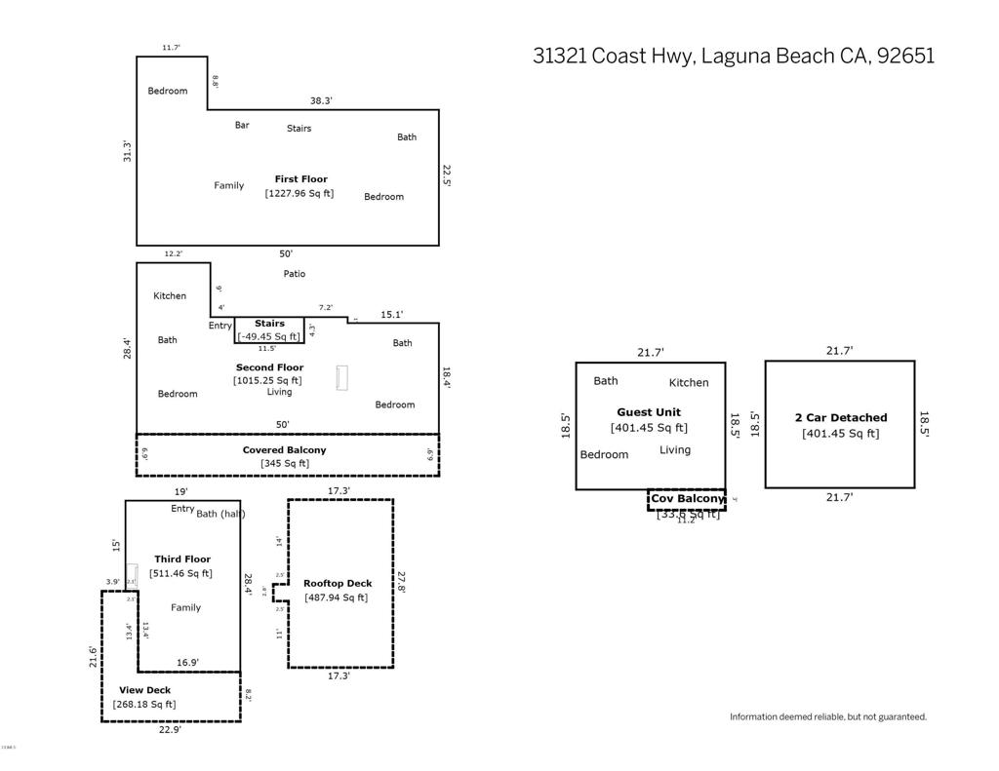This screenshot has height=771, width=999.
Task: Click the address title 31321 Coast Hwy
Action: [733, 56]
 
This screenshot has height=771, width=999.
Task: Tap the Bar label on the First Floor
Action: [242, 125]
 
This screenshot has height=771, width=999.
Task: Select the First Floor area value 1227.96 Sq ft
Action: [300, 193]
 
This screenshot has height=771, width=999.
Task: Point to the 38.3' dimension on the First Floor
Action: [322, 100]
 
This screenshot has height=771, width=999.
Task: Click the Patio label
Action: [295, 274]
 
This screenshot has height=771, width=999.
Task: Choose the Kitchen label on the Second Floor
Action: [170, 295]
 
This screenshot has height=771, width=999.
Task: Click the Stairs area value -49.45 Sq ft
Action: [269, 336]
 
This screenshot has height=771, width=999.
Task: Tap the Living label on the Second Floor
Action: [280, 392]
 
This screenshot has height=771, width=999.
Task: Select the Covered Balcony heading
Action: [284, 450]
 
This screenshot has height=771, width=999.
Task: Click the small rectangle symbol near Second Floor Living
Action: [342, 378]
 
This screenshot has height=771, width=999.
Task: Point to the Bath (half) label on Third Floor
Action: [220, 514]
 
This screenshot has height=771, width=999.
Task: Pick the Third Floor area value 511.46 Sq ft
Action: [180, 573]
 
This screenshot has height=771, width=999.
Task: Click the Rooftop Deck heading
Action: [338, 584]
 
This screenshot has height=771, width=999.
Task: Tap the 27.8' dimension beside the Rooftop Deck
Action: [401, 582]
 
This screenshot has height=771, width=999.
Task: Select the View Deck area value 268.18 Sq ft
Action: [144, 704]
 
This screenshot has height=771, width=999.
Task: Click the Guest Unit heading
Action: [649, 412]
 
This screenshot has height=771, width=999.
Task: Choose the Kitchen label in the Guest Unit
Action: [689, 383]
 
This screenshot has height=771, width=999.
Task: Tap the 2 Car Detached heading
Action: [841, 418]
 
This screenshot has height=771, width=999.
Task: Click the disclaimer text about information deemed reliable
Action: [828, 716]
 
